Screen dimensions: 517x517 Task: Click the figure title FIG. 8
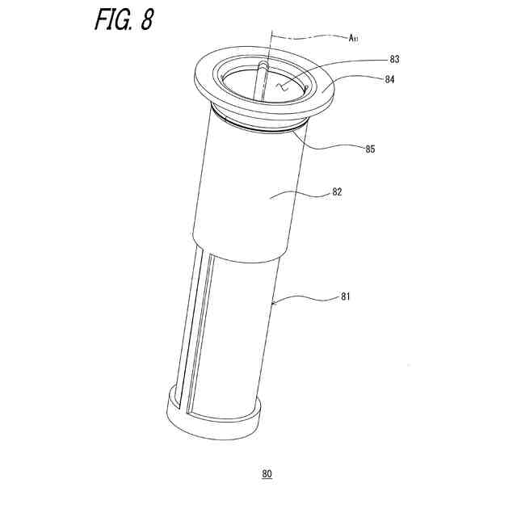tap(124, 19)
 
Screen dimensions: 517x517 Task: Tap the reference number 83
tap(394, 59)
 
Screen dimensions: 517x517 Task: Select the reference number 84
tap(389, 79)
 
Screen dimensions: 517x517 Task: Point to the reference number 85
tap(370, 149)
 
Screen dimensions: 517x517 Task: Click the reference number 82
tap(337, 192)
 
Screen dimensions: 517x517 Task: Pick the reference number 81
tap(345, 296)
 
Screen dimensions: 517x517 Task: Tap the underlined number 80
tap(267, 474)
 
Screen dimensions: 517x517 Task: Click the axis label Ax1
tap(353, 38)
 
